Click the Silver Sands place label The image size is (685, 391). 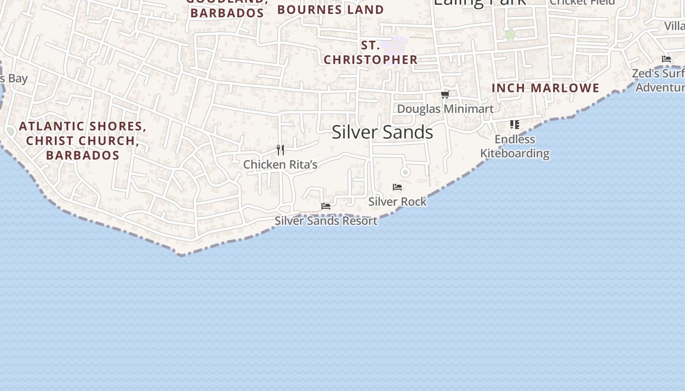pos(382,132)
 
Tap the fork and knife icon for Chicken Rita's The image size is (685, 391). pos(280,150)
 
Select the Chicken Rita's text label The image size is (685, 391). pos(280,165)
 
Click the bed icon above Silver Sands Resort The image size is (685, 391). pos(326,206)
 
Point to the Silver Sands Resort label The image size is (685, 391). pos(326,221)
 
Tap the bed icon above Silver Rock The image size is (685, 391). pos(397,187)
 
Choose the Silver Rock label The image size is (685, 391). pos(397,201)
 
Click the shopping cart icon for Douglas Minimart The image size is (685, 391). pos(445,94)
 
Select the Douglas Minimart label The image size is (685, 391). pos(445,109)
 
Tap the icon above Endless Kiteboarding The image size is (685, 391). pos(514,125)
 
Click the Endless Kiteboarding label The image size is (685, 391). pos(515,146)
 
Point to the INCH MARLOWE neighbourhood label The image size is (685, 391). pos(545,88)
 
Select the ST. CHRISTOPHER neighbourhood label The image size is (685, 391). pos(370,53)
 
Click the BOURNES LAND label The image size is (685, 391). pos(330,10)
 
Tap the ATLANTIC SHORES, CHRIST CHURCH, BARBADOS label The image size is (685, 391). pos(83,141)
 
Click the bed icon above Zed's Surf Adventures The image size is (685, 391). pos(666,59)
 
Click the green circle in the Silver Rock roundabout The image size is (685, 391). pos(405,172)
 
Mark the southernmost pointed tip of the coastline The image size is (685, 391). pos(181,255)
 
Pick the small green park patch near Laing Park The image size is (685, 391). pos(510,35)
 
